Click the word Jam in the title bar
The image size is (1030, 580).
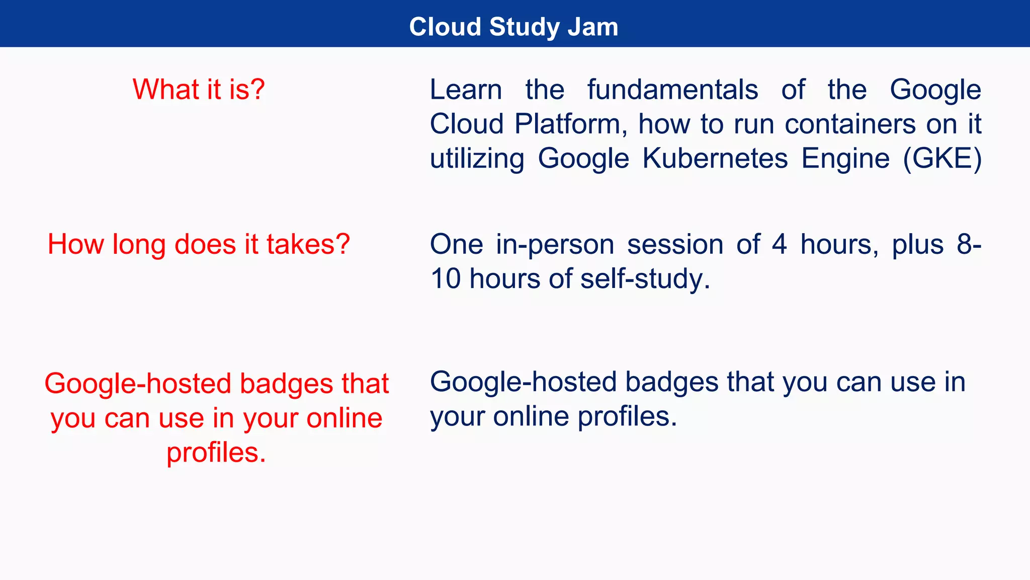[x=593, y=27]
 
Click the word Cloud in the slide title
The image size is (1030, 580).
[x=445, y=27]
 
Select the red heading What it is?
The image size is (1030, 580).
[x=199, y=90]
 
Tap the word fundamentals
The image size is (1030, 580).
[x=672, y=90]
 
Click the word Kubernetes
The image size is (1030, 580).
[x=715, y=159]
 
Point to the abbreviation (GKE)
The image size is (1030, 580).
[x=942, y=159]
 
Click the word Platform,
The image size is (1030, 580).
[x=571, y=124]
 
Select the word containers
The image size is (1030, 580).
[x=850, y=124]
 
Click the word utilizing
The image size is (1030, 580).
[x=477, y=159]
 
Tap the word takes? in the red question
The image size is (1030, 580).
[x=308, y=244]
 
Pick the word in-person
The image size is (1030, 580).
[x=555, y=244]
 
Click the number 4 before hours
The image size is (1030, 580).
[x=779, y=244]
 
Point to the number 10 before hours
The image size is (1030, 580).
[x=446, y=278]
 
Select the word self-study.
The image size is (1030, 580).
[x=645, y=278]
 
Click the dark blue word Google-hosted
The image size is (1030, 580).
[x=524, y=382]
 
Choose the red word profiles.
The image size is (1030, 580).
[x=216, y=452]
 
